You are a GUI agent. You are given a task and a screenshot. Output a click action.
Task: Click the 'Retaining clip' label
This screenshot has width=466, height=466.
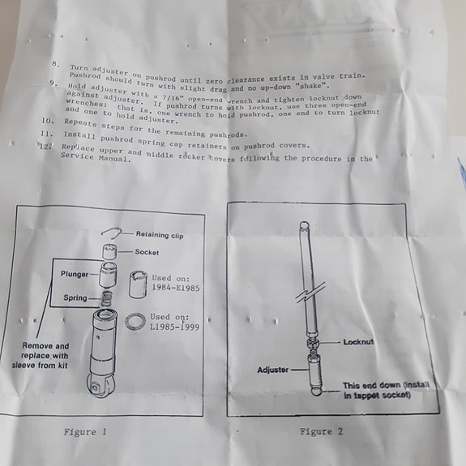tap(159, 235)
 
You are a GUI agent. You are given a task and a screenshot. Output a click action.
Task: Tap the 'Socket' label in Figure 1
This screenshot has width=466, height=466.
tap(147, 252)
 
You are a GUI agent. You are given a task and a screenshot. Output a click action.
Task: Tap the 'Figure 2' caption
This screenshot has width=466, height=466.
tap(322, 431)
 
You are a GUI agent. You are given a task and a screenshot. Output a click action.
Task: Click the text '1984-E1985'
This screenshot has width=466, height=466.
tap(177, 287)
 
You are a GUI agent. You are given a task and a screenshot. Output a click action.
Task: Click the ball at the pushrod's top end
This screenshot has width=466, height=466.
tap(304, 228)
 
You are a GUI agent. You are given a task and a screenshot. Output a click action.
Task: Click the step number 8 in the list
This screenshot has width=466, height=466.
tap(55, 64)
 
